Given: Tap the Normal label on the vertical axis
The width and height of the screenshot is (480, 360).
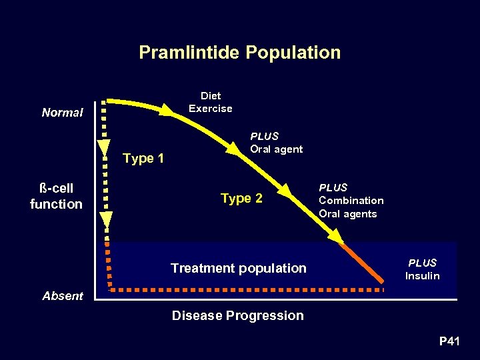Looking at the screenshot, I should click(x=62, y=113).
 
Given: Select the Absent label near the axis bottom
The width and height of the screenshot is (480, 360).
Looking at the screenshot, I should click(x=63, y=296).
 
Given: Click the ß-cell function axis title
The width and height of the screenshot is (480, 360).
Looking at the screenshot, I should click(x=56, y=196).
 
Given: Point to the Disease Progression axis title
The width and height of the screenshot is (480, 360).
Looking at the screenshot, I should click(x=237, y=315).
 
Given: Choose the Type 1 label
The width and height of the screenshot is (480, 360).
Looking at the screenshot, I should click(x=143, y=158).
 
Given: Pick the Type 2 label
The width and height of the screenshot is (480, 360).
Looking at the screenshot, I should click(x=241, y=198).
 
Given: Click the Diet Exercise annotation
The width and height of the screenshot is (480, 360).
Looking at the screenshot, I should click(x=210, y=102).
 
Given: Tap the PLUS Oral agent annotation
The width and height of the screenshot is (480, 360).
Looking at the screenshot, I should click(x=276, y=143).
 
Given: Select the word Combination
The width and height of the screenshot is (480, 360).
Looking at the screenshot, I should click(x=351, y=201).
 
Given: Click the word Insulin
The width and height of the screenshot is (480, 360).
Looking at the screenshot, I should click(x=422, y=276).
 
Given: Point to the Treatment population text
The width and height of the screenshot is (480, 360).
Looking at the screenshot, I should click(x=238, y=268).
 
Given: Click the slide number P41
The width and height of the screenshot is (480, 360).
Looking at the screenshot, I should click(x=449, y=342).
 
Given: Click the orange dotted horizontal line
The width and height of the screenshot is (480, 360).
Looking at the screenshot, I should click(x=247, y=291).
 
